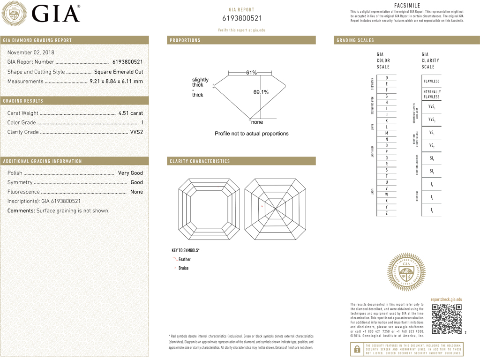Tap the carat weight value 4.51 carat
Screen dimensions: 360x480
coord(131,113)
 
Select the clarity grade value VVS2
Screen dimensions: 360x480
coord(136,132)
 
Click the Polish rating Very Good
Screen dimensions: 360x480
coord(130,173)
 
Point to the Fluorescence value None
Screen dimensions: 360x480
coord(136,192)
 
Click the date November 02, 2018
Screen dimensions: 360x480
coord(31,52)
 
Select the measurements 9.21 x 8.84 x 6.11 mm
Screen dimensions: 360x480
coord(116,82)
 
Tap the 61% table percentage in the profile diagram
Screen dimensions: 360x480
coord(251,73)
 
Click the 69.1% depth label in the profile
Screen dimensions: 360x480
coord(261,92)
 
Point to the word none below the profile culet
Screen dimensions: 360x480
coord(257,122)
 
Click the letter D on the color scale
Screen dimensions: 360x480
coord(386,78)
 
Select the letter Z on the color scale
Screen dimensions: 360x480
coord(386,213)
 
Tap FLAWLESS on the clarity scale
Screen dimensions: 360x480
coord(431,82)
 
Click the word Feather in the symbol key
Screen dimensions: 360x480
coord(185,259)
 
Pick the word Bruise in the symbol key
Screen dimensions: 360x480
coord(183,268)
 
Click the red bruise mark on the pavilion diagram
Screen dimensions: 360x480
coord(262,206)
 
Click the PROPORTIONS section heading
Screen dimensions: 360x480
coord(185,40)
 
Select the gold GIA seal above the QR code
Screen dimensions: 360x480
coord(406,272)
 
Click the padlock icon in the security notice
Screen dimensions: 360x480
coord(358,349)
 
